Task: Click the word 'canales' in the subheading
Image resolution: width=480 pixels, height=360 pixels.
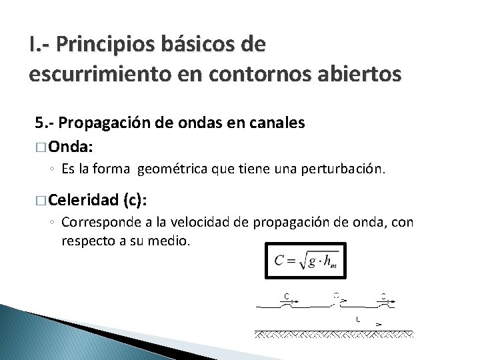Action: [x=279, y=123]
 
